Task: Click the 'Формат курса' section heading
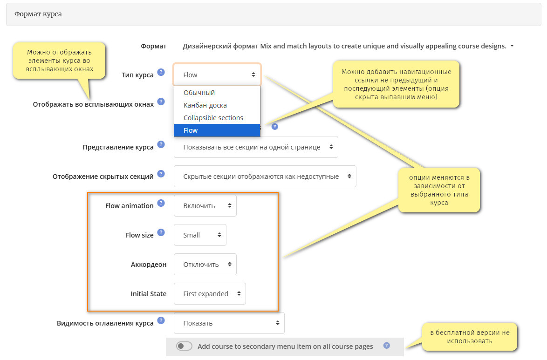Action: (38, 14)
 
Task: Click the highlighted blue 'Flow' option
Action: (217, 130)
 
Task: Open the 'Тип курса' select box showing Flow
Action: (217, 75)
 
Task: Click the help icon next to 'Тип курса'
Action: (161, 72)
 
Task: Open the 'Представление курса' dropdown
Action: (256, 147)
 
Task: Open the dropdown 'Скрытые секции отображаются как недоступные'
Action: (265, 176)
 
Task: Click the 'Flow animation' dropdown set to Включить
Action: (205, 205)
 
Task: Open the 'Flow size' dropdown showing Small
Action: (200, 235)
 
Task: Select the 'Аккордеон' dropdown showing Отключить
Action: (205, 264)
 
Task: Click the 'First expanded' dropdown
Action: (210, 293)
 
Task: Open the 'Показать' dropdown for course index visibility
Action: (229, 323)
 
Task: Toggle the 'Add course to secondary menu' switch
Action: (184, 346)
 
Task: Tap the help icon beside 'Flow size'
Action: (161, 232)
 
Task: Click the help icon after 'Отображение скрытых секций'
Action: (161, 174)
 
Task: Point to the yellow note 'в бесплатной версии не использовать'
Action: (470, 337)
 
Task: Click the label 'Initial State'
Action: (148, 294)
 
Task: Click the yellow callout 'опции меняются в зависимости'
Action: (439, 190)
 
